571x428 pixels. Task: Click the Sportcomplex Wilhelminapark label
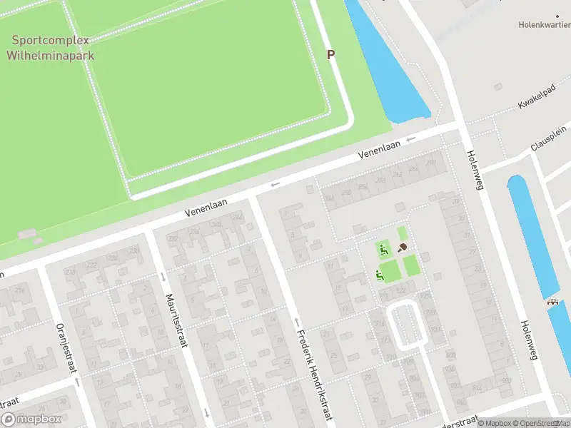tap(50, 48)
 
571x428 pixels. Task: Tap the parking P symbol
tap(330, 54)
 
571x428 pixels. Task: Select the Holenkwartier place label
tap(544, 24)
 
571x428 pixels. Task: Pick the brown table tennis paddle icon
tap(403, 248)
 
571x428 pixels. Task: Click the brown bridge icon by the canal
tap(552, 302)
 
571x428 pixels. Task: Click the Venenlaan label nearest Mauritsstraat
tap(206, 207)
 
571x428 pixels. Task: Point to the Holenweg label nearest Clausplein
tap(474, 169)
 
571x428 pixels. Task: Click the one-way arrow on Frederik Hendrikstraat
tap(296, 322)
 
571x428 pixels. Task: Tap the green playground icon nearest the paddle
tap(384, 250)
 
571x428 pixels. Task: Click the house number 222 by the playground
tap(401, 290)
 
